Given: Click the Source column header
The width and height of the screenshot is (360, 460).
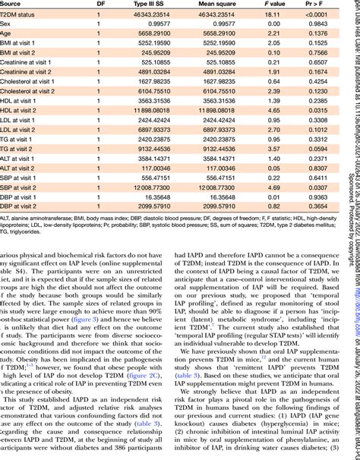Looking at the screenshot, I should coord(14,4).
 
